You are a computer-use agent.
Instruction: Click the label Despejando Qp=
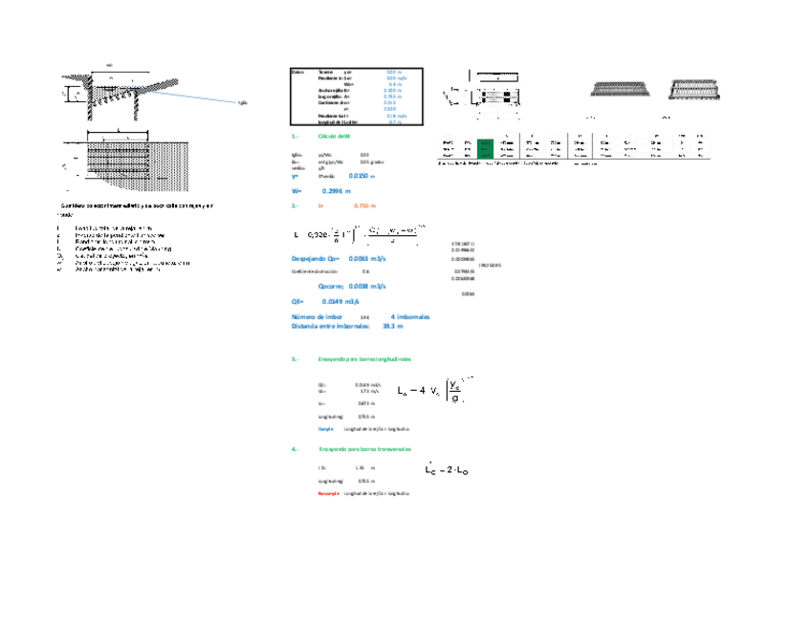(x=316, y=259)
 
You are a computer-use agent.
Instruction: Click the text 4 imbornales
(x=410, y=316)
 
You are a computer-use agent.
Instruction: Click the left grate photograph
(x=616, y=88)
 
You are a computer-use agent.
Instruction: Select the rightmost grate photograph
(x=694, y=88)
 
